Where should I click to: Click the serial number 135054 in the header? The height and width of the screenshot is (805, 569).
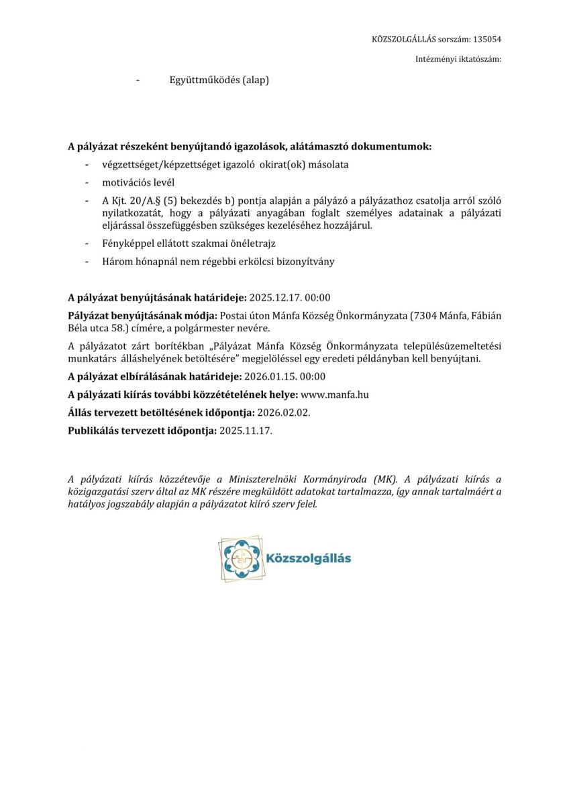coord(488,40)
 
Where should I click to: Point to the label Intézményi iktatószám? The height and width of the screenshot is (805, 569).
coord(458,60)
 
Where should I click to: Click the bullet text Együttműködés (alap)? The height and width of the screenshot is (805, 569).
coord(219,80)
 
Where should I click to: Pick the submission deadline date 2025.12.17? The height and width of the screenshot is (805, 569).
coord(274,298)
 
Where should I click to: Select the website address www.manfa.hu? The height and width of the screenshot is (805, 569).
coord(335,394)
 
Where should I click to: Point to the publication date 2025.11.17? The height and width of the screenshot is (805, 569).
coord(246,431)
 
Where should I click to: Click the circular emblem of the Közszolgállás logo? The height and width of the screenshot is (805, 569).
coord(242,558)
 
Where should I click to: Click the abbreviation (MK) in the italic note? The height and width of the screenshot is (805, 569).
coord(385,480)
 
